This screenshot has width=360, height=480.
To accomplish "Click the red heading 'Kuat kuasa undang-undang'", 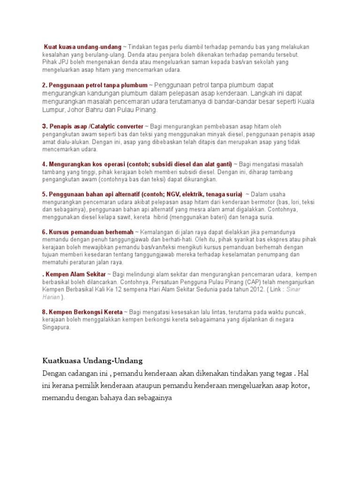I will pos(82,47).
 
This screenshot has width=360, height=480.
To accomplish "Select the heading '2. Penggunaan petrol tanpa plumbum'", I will pos(95,85).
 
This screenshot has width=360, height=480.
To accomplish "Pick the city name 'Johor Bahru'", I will pos(84,110).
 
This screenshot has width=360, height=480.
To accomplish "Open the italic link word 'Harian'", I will pos(51,297).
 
